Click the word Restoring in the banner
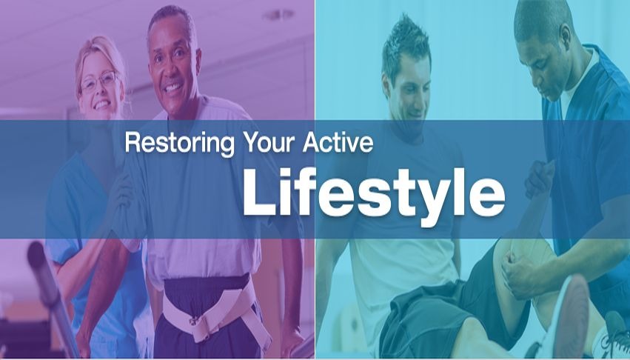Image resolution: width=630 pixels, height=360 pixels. point(180,143)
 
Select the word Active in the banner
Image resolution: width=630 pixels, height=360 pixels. point(338,142)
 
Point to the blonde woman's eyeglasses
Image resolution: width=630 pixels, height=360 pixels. point(99,81)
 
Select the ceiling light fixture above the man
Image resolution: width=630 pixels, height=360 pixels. point(278,15)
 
